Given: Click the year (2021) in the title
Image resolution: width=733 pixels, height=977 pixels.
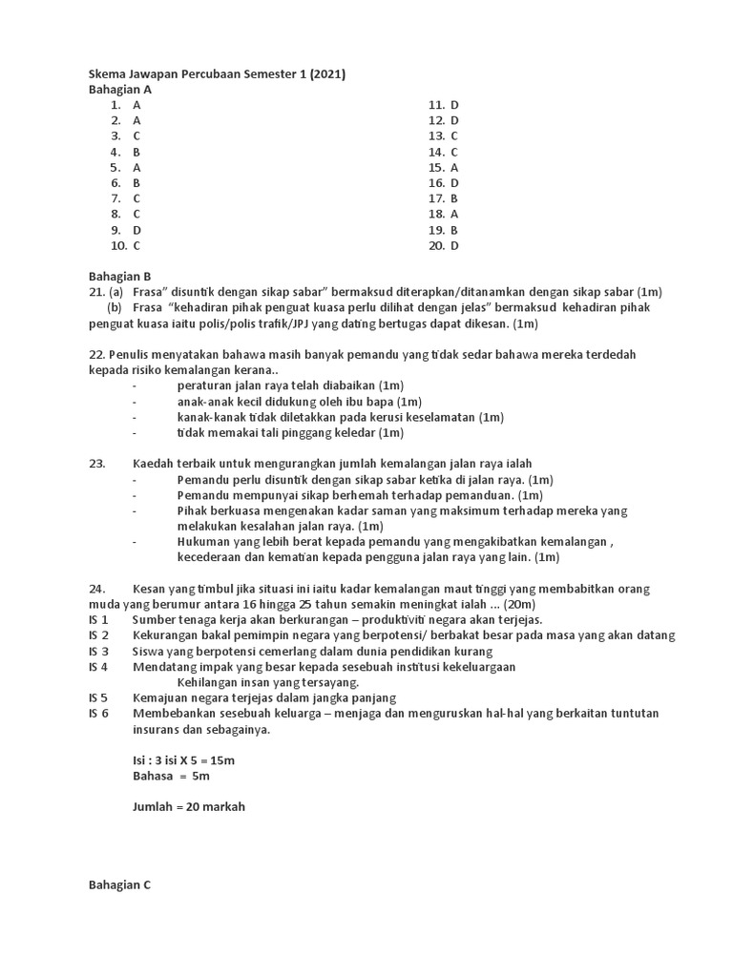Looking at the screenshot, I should tap(326, 74).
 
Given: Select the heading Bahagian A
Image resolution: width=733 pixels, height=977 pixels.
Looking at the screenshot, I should tap(120, 90).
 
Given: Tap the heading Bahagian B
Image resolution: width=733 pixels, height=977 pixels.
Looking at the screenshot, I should tap(120, 276).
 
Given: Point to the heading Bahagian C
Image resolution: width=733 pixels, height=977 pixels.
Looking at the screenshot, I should tap(120, 884).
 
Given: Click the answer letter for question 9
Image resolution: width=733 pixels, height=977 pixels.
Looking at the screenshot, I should tap(137, 230).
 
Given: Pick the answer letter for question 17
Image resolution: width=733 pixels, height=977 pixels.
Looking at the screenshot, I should tap(454, 198).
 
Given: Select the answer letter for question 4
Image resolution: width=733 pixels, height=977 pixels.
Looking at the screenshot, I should tap(137, 152).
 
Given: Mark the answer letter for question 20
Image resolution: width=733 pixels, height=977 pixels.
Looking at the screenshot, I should tap(454, 245).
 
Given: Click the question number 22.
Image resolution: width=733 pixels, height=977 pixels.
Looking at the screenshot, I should tap(96, 354).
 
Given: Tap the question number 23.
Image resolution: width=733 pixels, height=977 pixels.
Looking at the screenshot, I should tap(96, 464).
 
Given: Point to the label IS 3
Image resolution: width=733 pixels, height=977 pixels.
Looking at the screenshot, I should tap(98, 651).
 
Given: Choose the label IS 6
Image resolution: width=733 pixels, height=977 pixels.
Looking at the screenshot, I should tap(98, 713).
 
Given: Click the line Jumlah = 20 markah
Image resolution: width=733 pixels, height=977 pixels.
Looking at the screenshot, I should tap(189, 806).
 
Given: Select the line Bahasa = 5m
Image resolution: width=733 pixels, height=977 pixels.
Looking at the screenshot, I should tap(171, 776).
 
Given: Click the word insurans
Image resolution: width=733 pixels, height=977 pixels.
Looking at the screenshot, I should tap(159, 729).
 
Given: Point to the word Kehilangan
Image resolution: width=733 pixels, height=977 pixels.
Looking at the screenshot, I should tap(210, 682).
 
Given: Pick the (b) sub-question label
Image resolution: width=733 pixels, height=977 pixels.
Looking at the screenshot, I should tap(115, 307).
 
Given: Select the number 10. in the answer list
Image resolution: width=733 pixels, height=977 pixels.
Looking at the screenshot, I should tap(118, 245).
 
